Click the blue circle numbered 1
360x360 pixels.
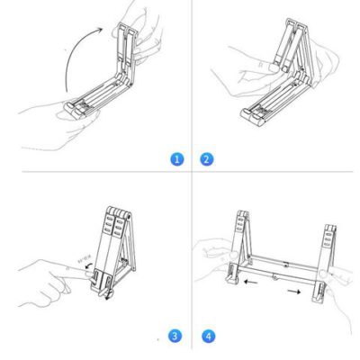point(177,159)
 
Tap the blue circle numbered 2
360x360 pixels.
point(207,159)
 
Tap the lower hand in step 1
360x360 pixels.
point(54,121)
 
